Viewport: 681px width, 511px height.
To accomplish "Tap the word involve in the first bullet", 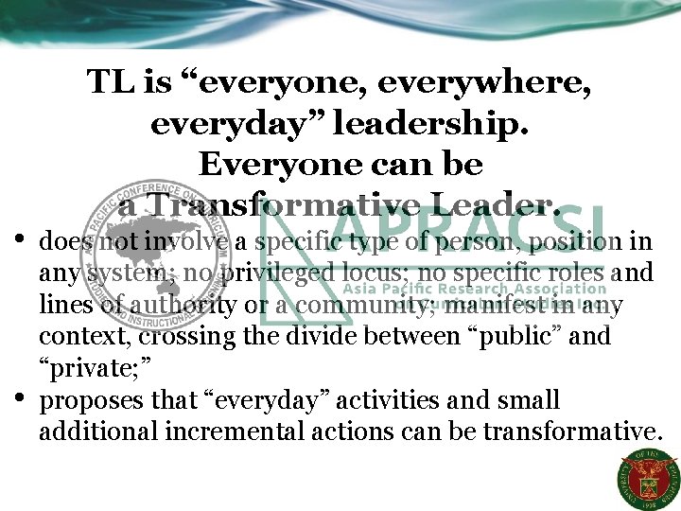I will pos(193,243).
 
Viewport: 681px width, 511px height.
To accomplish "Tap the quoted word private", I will pos(89,369).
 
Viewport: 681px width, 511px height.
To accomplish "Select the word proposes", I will pos(87,401).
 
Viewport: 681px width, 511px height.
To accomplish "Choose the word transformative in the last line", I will pos(568,432).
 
